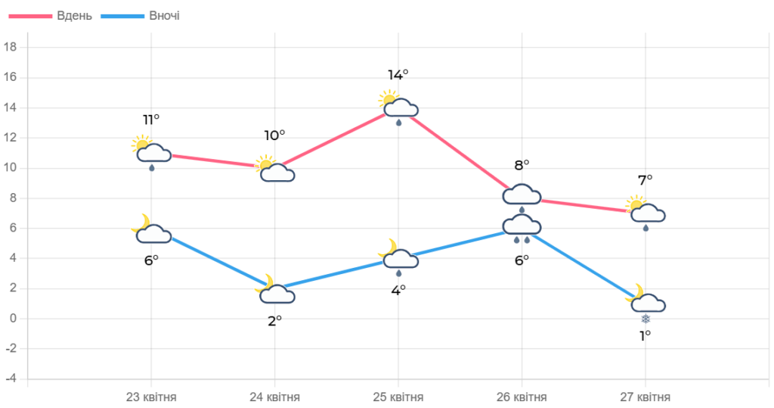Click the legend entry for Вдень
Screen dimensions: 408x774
click(74, 16)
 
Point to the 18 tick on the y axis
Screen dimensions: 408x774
click(11, 47)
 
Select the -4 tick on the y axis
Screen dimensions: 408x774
click(11, 378)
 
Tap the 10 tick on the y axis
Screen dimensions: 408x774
click(11, 167)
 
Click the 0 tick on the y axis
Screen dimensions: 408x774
click(13, 318)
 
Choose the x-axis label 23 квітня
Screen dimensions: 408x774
click(151, 397)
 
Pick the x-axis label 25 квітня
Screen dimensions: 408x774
click(398, 397)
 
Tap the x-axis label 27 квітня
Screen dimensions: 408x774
click(645, 397)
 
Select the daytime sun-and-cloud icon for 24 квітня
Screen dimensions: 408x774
click(275, 169)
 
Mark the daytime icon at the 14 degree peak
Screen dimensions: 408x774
click(398, 107)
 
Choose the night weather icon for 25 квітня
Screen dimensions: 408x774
click(398, 257)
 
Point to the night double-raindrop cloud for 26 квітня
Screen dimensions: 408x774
click(522, 228)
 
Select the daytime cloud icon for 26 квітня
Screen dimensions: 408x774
click(522, 196)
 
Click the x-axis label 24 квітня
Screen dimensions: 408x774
click(275, 397)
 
